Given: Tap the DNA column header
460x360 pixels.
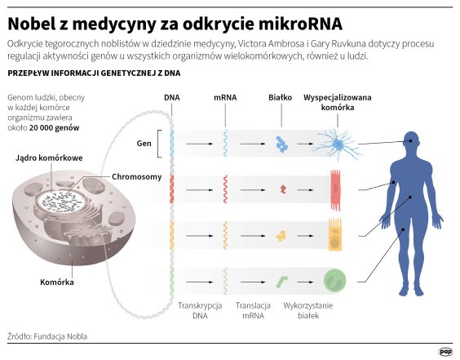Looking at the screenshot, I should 172,97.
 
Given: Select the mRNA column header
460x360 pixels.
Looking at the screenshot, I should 225,97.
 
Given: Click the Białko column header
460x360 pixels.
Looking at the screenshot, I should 281,97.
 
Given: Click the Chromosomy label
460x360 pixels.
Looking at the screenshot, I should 136,176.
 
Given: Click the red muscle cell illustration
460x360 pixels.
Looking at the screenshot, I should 334,188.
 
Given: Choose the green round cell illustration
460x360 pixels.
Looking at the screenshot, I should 335,282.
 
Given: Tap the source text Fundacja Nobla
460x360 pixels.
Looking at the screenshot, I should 61,336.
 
